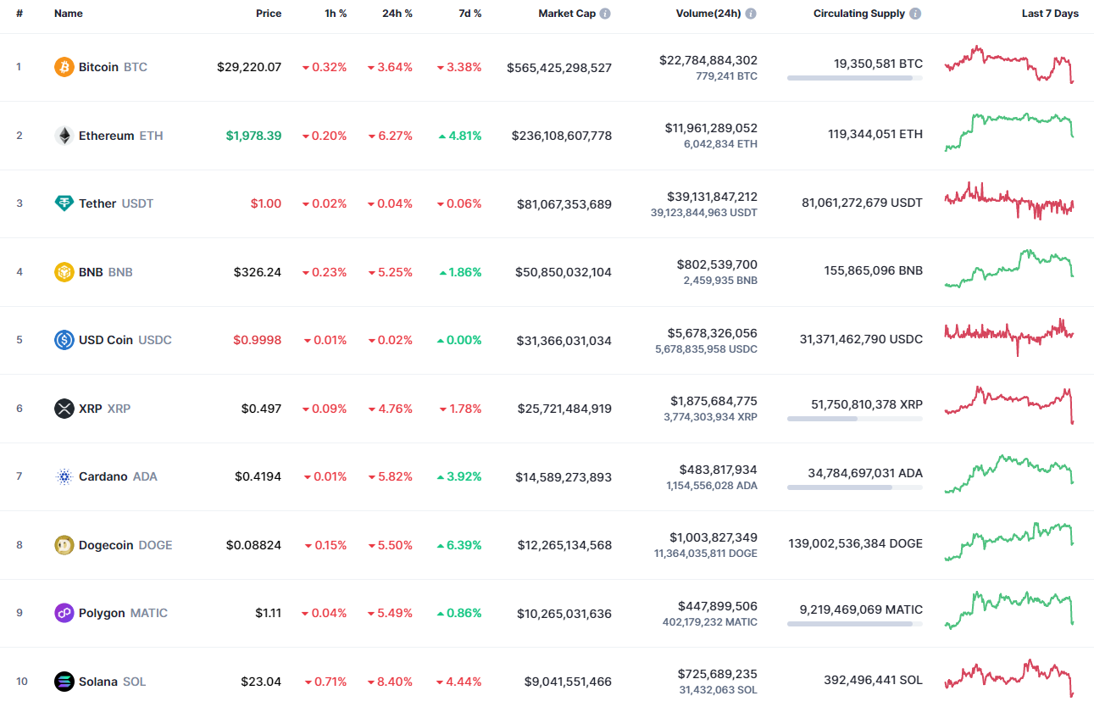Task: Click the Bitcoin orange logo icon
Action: coord(64,67)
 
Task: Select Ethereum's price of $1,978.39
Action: coord(253,136)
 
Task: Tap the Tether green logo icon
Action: coord(64,203)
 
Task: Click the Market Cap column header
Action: coord(567,14)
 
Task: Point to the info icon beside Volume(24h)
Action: coord(751,14)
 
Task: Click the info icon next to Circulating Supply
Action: coord(915,14)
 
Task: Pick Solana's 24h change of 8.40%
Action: coord(390,682)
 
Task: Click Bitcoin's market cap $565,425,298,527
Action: coord(559,68)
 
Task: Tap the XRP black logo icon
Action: coord(64,409)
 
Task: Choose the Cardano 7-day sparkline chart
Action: coord(1009,475)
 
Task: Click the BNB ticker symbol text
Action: coord(120,272)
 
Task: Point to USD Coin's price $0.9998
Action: coord(258,340)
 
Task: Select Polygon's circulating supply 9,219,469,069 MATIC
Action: coord(861,610)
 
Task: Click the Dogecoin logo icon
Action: coord(64,545)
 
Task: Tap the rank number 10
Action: coord(21,682)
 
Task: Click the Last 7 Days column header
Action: coord(1050,14)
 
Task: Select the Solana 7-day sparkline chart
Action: coord(1009,678)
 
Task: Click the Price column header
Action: coord(269,14)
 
